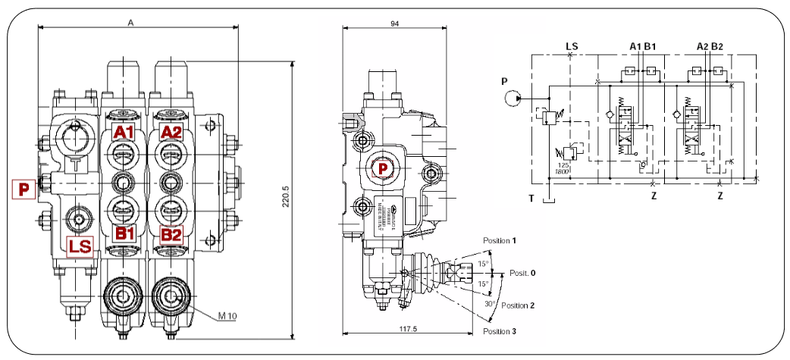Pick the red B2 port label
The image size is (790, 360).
[x=171, y=234]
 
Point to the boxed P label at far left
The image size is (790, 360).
[x=24, y=189]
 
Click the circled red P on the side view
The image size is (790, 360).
[x=384, y=168]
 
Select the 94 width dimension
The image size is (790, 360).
[x=394, y=23]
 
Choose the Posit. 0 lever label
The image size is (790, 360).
[x=522, y=272]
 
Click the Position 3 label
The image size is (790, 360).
[x=500, y=331]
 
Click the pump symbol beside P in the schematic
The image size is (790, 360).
[x=513, y=97]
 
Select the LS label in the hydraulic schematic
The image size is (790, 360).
[x=572, y=45]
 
